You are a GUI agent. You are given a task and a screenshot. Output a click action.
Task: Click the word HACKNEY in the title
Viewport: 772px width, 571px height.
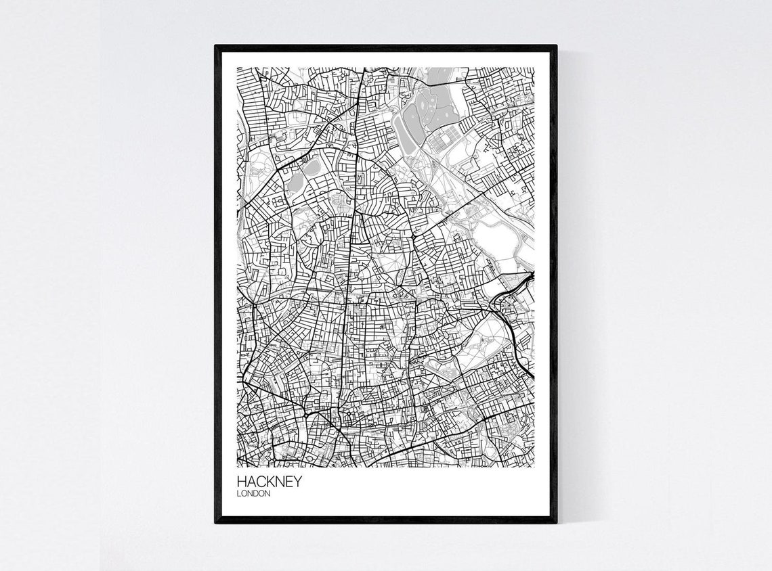270,482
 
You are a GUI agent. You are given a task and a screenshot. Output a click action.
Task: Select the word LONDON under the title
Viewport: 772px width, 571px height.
254,494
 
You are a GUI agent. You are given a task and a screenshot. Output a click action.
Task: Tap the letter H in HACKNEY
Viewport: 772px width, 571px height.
242,482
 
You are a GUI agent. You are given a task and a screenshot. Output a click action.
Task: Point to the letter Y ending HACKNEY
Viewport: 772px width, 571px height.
297,482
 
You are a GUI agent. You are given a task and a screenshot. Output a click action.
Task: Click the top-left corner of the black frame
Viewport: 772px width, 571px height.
216,47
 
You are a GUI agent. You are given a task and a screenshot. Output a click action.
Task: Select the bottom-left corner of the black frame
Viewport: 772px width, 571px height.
216,522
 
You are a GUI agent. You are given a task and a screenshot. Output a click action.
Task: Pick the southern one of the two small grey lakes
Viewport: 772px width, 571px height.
296,183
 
